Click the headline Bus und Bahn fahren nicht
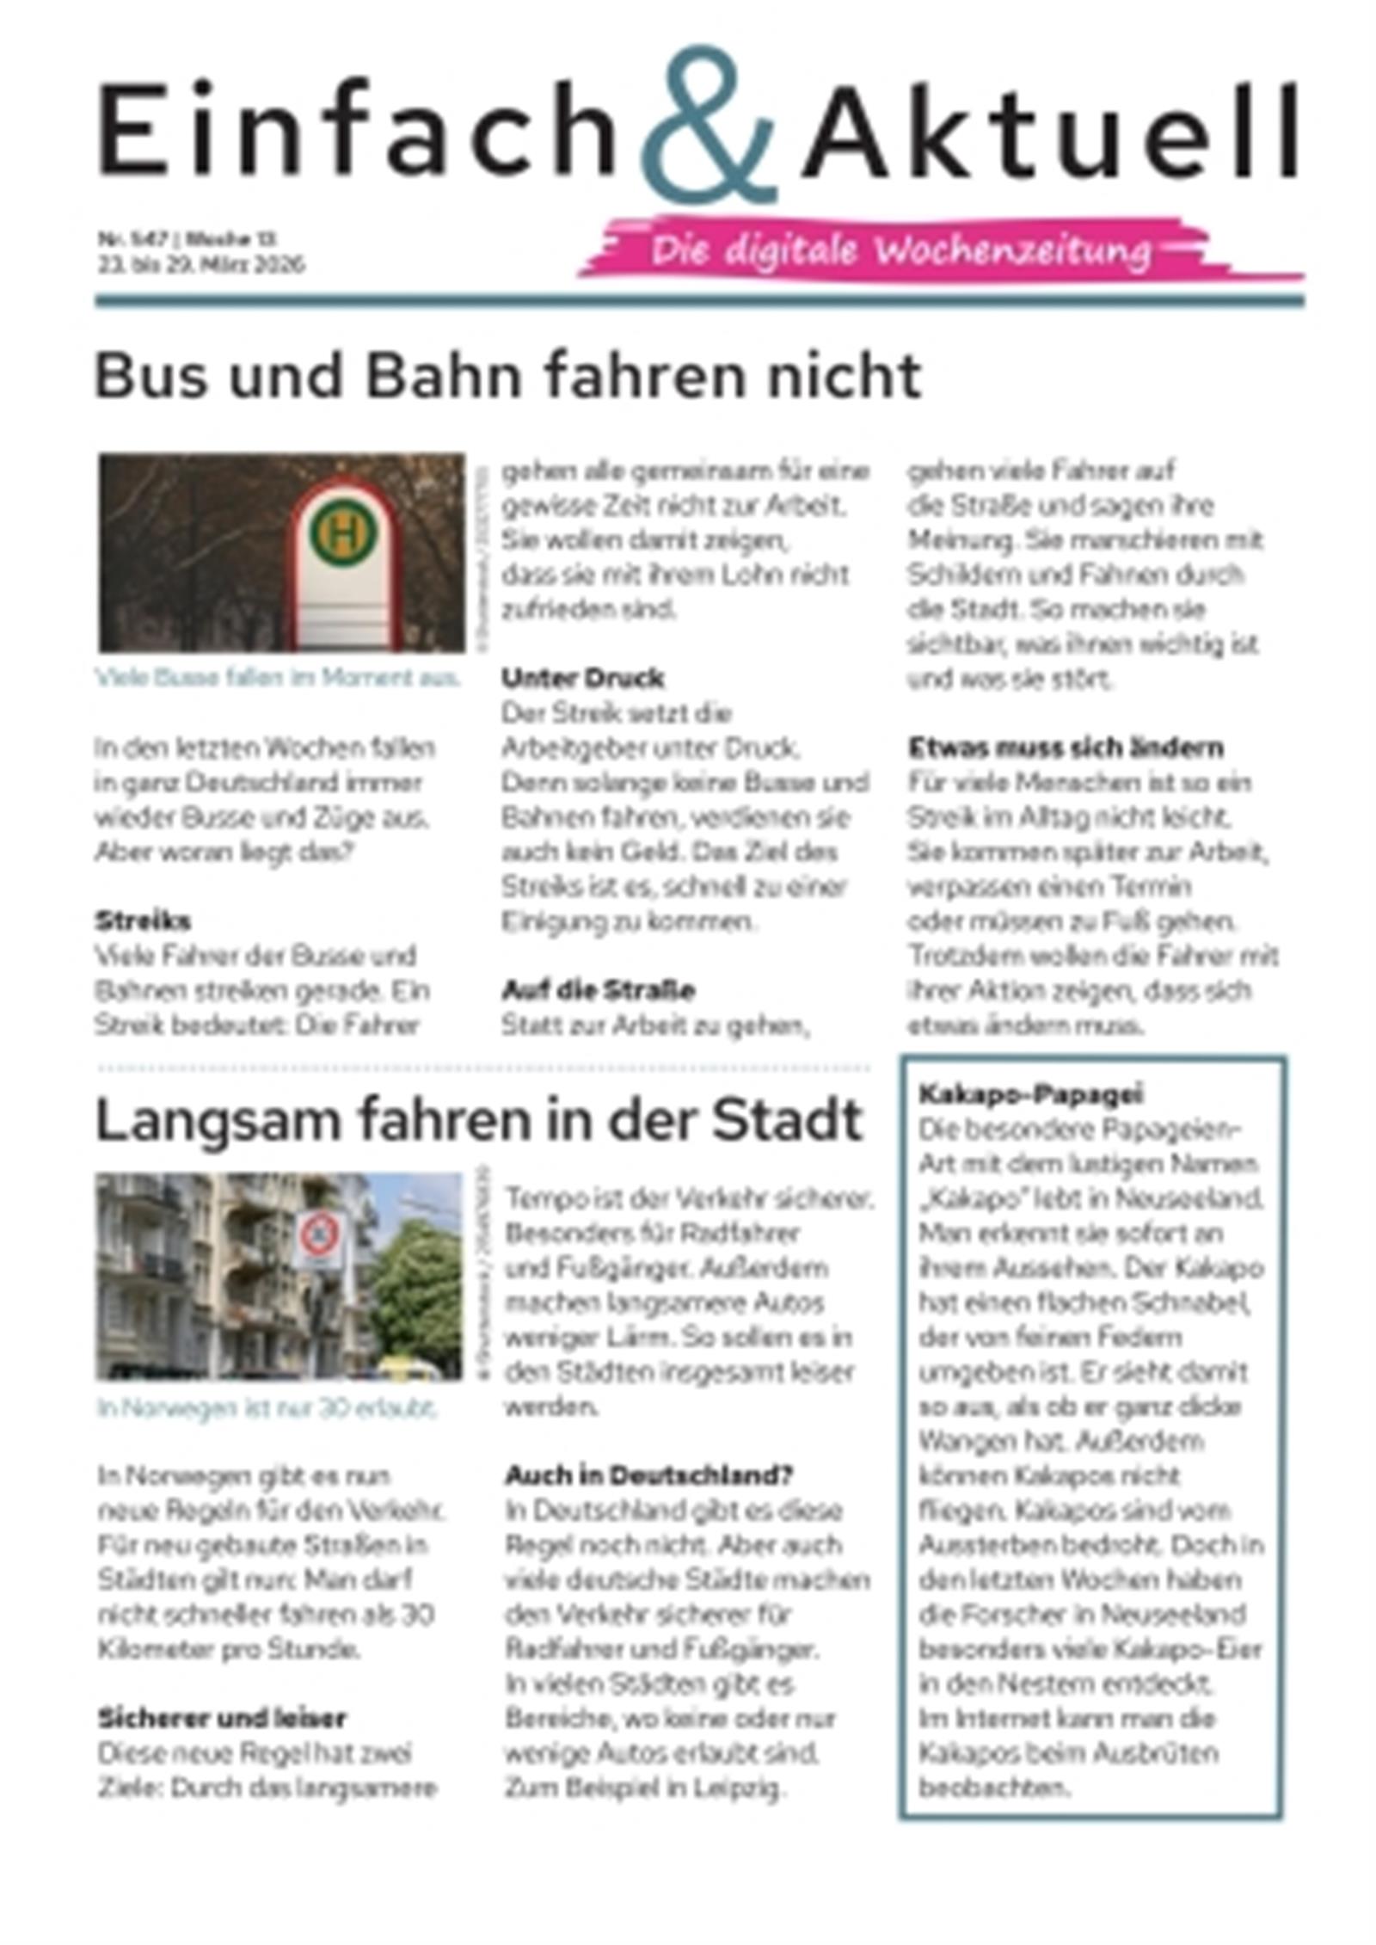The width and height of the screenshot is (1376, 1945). point(507,376)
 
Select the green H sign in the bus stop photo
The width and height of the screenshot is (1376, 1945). point(344,534)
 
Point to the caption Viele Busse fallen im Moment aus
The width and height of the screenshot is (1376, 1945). point(279,678)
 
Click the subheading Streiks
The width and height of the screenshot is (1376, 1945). point(143,921)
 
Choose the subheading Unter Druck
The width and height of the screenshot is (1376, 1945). point(582,679)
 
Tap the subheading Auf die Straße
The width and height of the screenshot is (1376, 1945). point(599,990)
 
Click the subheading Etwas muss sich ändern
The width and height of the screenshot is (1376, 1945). point(1066,748)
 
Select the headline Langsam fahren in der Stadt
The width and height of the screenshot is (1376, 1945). point(478,1120)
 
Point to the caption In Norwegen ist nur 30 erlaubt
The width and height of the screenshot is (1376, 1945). point(267,1409)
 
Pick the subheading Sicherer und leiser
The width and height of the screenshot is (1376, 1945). point(222,1719)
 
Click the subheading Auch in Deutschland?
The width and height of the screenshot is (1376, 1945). point(648,1475)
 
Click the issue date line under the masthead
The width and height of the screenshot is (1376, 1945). point(200,265)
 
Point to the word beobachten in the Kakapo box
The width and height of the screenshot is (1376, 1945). point(994,1788)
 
